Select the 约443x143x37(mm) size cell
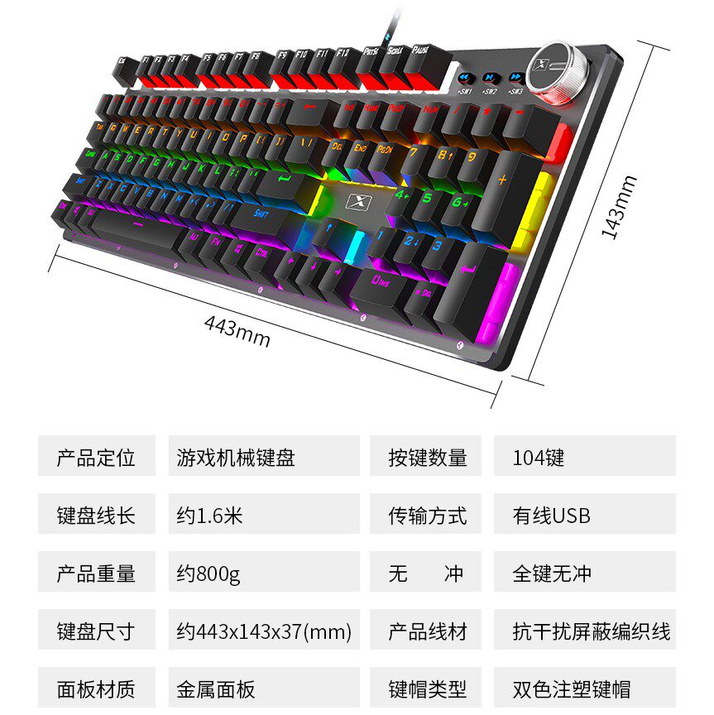coord(263,631)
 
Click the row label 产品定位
coord(96,457)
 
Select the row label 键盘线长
coord(96,515)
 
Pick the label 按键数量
coord(427,457)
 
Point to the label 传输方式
coord(427,515)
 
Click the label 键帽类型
coord(427,689)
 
